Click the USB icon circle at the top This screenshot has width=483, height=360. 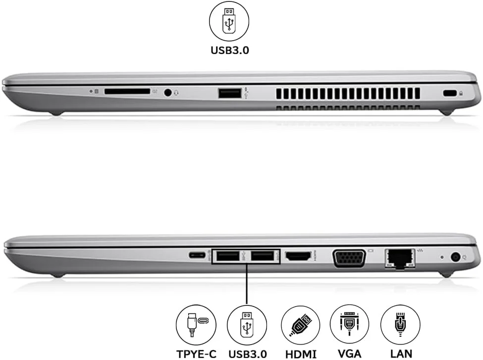(x=229, y=21)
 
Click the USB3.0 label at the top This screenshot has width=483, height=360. (x=229, y=50)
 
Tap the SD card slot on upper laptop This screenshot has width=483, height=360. (x=127, y=92)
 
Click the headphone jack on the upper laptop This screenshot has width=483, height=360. (x=169, y=92)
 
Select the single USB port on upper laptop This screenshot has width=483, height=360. (x=230, y=92)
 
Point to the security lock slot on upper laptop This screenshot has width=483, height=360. (x=449, y=93)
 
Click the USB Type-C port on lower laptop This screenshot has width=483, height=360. (x=197, y=256)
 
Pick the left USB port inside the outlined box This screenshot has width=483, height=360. (x=227, y=256)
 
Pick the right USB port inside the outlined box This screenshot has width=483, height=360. (x=261, y=256)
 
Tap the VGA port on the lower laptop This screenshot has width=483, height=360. (x=349, y=258)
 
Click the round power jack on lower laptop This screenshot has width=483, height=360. (x=456, y=257)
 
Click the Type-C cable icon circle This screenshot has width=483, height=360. (x=196, y=324)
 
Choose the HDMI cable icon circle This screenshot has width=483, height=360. (x=300, y=324)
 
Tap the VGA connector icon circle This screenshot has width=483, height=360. (x=349, y=324)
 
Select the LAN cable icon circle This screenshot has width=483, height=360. (x=400, y=324)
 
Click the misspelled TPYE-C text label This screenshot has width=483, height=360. (x=196, y=354)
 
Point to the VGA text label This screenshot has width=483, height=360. (x=349, y=354)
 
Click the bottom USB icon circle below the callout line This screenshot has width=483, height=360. (x=247, y=324)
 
